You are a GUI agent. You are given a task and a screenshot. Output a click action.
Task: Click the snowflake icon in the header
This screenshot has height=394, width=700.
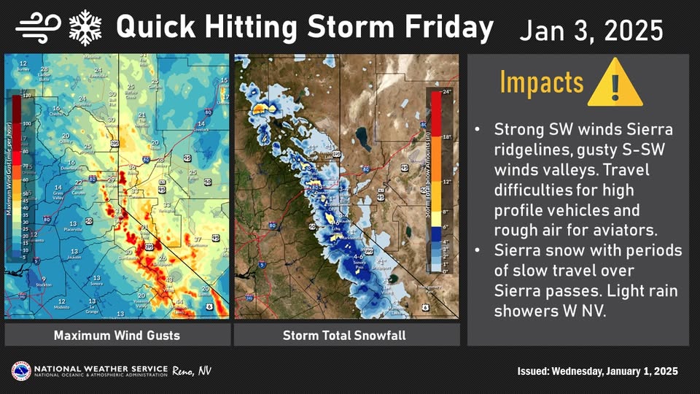(84, 27)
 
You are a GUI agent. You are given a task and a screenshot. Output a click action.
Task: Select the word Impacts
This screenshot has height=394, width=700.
(541, 82)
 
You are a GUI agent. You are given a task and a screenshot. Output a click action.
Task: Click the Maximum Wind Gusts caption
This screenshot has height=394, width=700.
(117, 336)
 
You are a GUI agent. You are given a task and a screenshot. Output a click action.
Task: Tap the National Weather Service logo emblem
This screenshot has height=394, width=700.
(20, 371)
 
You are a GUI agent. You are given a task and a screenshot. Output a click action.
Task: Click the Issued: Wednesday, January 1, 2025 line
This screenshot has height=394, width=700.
(592, 371)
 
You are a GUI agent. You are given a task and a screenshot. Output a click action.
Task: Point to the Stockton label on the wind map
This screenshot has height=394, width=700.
(43, 287)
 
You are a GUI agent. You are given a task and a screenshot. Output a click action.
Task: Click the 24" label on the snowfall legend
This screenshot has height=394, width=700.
(447, 91)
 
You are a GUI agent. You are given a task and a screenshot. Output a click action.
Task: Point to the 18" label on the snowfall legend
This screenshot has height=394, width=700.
(447, 136)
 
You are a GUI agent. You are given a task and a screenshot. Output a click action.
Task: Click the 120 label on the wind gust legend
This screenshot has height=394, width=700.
(28, 95)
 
